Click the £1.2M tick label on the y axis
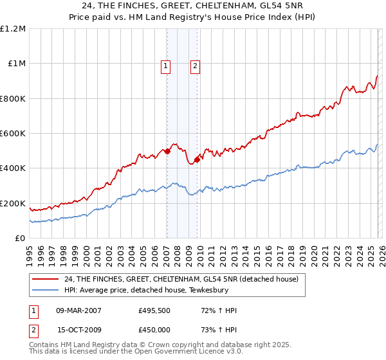13,29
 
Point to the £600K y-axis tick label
13,134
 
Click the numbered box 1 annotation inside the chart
166,65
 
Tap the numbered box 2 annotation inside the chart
194,65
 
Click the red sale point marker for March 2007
167,152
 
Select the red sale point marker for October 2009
197,159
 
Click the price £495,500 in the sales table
154,310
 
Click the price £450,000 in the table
154,330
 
